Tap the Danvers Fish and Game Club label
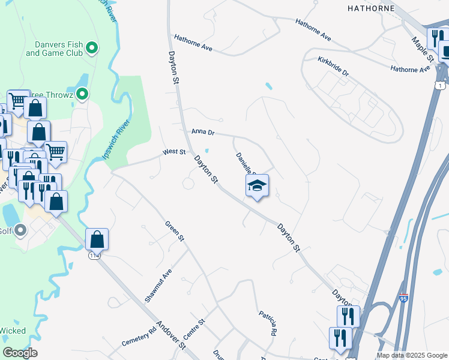(x=55, y=48)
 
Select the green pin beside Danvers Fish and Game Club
(x=92, y=47)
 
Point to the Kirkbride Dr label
(x=334, y=65)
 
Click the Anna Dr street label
(x=203, y=131)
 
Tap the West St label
(x=174, y=152)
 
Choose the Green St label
(x=175, y=232)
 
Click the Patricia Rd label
(x=268, y=323)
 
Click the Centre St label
(x=194, y=329)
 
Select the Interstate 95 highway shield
(x=404, y=298)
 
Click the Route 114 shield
(x=94, y=256)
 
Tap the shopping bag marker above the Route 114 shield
(x=97, y=239)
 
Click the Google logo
(x=20, y=353)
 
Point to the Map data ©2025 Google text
(x=411, y=355)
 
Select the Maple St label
(x=422, y=50)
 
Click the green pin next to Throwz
(x=83, y=94)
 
